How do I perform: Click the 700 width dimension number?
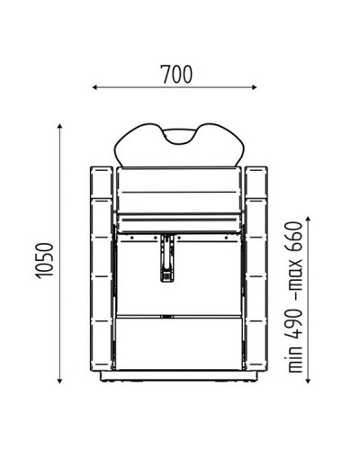click(177, 74)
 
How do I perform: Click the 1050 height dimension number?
click(44, 261)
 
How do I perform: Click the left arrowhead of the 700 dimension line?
click(94, 87)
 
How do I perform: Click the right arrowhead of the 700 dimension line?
click(255, 87)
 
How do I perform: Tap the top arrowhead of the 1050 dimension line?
click(59, 126)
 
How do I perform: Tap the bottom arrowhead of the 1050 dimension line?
click(59, 381)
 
